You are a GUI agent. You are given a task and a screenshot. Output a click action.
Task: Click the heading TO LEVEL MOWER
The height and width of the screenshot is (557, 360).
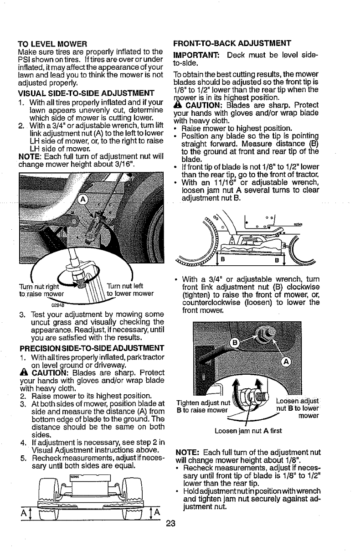(52, 44)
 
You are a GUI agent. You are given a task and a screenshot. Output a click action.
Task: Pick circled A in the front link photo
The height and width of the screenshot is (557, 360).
(287, 362)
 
